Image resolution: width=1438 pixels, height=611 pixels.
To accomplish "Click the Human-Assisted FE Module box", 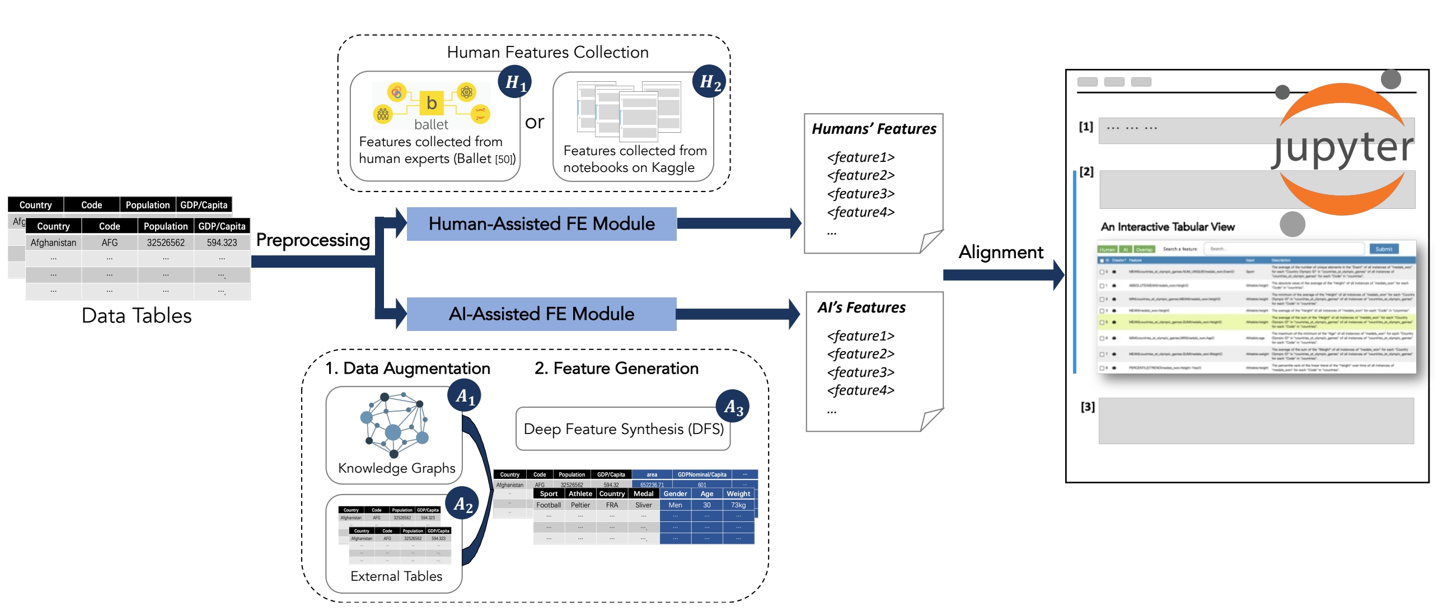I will coord(541,224).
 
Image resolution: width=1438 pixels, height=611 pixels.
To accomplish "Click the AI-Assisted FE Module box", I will coord(541,314).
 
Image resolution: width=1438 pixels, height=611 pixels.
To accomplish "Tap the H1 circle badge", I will coord(515,82).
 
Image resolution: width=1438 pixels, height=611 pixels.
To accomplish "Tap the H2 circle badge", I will coord(710,82).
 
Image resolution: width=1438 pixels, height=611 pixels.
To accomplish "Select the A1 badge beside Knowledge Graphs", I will coord(464,396).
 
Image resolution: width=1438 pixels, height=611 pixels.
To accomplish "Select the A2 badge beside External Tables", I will coord(463,504).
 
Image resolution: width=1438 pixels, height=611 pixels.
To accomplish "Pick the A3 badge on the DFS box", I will coord(733,406).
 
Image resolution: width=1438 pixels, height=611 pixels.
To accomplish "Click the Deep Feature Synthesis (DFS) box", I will coord(622,429).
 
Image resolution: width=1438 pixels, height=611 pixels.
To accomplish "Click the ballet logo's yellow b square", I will coord(431,103).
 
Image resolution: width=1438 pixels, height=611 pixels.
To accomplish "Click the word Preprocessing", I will coord(313,240).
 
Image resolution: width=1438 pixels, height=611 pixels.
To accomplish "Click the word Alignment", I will coord(1000,252).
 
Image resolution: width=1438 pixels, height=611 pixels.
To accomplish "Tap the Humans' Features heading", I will coord(873,129).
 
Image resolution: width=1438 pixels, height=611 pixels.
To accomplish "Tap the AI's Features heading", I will coord(861,307).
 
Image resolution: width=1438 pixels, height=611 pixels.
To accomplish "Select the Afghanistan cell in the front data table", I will coord(53,242).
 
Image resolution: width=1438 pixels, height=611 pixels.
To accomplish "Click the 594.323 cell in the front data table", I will coord(222,242).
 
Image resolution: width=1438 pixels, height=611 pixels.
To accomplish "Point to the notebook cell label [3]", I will coord(1087,407).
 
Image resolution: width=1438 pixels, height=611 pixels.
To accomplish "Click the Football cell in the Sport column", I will coord(548,505).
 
